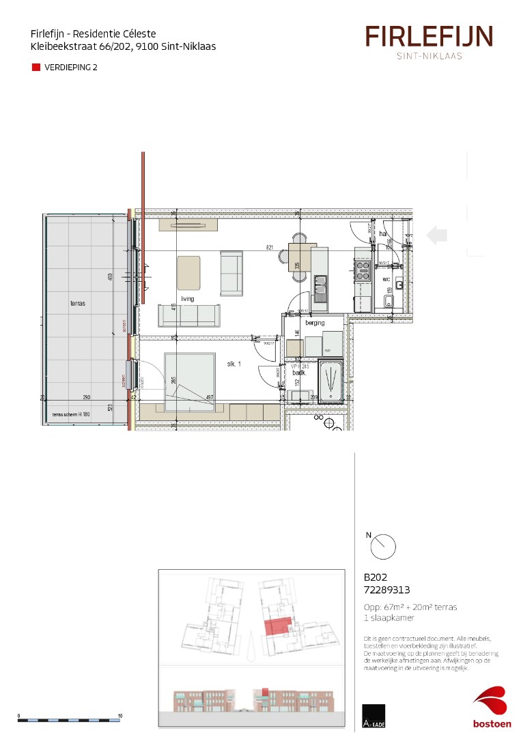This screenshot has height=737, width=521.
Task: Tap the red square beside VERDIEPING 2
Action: pos(36,68)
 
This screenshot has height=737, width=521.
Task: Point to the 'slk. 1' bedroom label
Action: pos(235,364)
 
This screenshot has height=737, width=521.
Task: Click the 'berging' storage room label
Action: pos(315,323)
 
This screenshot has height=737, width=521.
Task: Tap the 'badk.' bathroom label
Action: pos(298,373)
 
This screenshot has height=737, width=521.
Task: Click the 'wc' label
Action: pos(386,279)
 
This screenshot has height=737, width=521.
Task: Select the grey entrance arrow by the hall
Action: pos(436,235)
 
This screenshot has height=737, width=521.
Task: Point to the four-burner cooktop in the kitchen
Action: pos(363,272)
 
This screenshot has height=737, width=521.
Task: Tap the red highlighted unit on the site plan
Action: pos(277,626)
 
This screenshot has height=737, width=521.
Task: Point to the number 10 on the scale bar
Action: pos(120,716)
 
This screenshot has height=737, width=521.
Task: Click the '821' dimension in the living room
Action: pos(270,248)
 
